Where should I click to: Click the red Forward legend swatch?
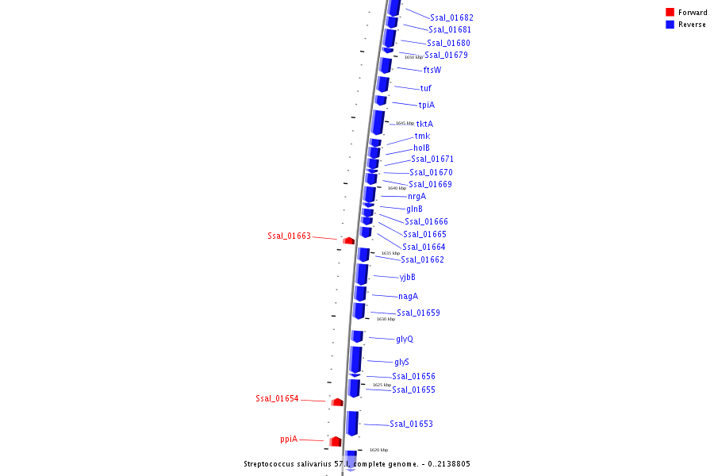(670, 12)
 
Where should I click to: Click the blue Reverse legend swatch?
(670, 25)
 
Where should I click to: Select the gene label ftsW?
(432, 70)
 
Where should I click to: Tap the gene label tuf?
(426, 88)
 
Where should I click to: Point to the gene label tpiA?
(427, 105)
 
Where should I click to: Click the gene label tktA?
(424, 124)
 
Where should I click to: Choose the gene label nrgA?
(416, 196)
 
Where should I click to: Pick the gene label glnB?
(414, 209)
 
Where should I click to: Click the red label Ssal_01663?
(289, 236)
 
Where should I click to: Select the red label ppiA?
(288, 439)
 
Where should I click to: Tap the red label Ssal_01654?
(277, 398)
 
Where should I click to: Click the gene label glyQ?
(404, 339)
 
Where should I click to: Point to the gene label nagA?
(408, 296)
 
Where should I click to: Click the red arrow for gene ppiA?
(336, 441)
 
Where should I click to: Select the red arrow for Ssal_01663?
(348, 240)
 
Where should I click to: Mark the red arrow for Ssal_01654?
(337, 402)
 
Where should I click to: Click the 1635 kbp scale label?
(390, 253)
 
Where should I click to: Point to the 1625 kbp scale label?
(382, 385)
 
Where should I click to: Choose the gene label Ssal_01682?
(451, 17)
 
